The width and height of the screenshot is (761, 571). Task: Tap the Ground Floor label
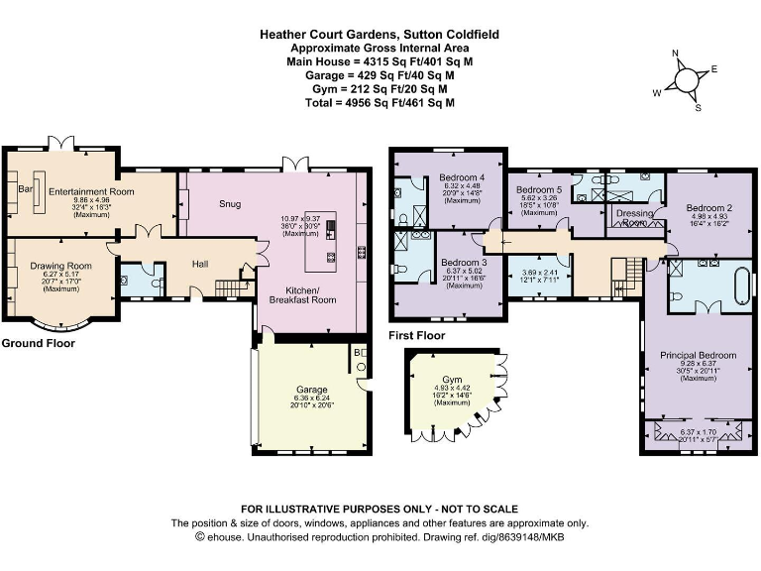click(38, 343)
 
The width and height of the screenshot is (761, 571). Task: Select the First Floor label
click(417, 335)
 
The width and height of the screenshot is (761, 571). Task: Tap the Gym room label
click(453, 380)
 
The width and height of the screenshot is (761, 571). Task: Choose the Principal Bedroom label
click(698, 355)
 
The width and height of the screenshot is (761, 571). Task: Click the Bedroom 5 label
click(539, 189)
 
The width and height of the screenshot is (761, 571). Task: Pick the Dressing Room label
click(633, 216)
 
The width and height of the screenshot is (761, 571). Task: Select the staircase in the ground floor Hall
click(229, 288)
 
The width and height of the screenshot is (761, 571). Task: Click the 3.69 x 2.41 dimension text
click(539, 273)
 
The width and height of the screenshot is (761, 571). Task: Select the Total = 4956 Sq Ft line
click(380, 102)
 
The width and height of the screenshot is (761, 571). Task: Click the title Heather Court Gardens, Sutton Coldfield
click(380, 33)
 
